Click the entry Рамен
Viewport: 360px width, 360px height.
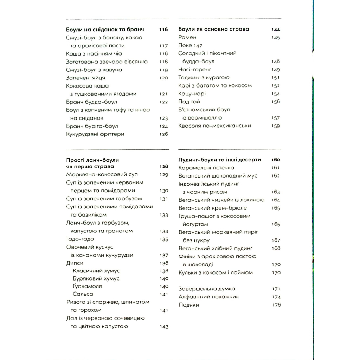pyautogui.click(x=187, y=37)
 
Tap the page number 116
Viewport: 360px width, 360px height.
pyautogui.click(x=163, y=30)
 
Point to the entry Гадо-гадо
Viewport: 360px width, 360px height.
pyautogui.click(x=80, y=239)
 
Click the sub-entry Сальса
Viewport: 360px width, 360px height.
pyautogui.click(x=83, y=294)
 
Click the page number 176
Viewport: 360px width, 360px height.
pyautogui.click(x=276, y=305)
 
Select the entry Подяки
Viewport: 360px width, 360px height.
pyautogui.click(x=188, y=305)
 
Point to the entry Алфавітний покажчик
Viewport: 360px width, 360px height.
pyautogui.click(x=208, y=297)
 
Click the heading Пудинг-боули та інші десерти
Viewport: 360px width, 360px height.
pyautogui.click(x=220, y=160)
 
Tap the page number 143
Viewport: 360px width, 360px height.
pyautogui.click(x=164, y=327)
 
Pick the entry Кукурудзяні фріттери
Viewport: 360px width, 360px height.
pyautogui.click(x=95, y=134)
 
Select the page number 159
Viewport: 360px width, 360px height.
pyautogui.click(x=276, y=126)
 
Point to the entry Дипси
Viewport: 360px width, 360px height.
pyautogui.click(x=75, y=263)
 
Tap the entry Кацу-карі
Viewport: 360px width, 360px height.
pyautogui.click(x=192, y=94)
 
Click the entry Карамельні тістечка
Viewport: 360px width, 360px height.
pyautogui.click(x=206, y=168)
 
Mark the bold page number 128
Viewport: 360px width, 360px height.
pyautogui.click(x=164, y=167)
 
